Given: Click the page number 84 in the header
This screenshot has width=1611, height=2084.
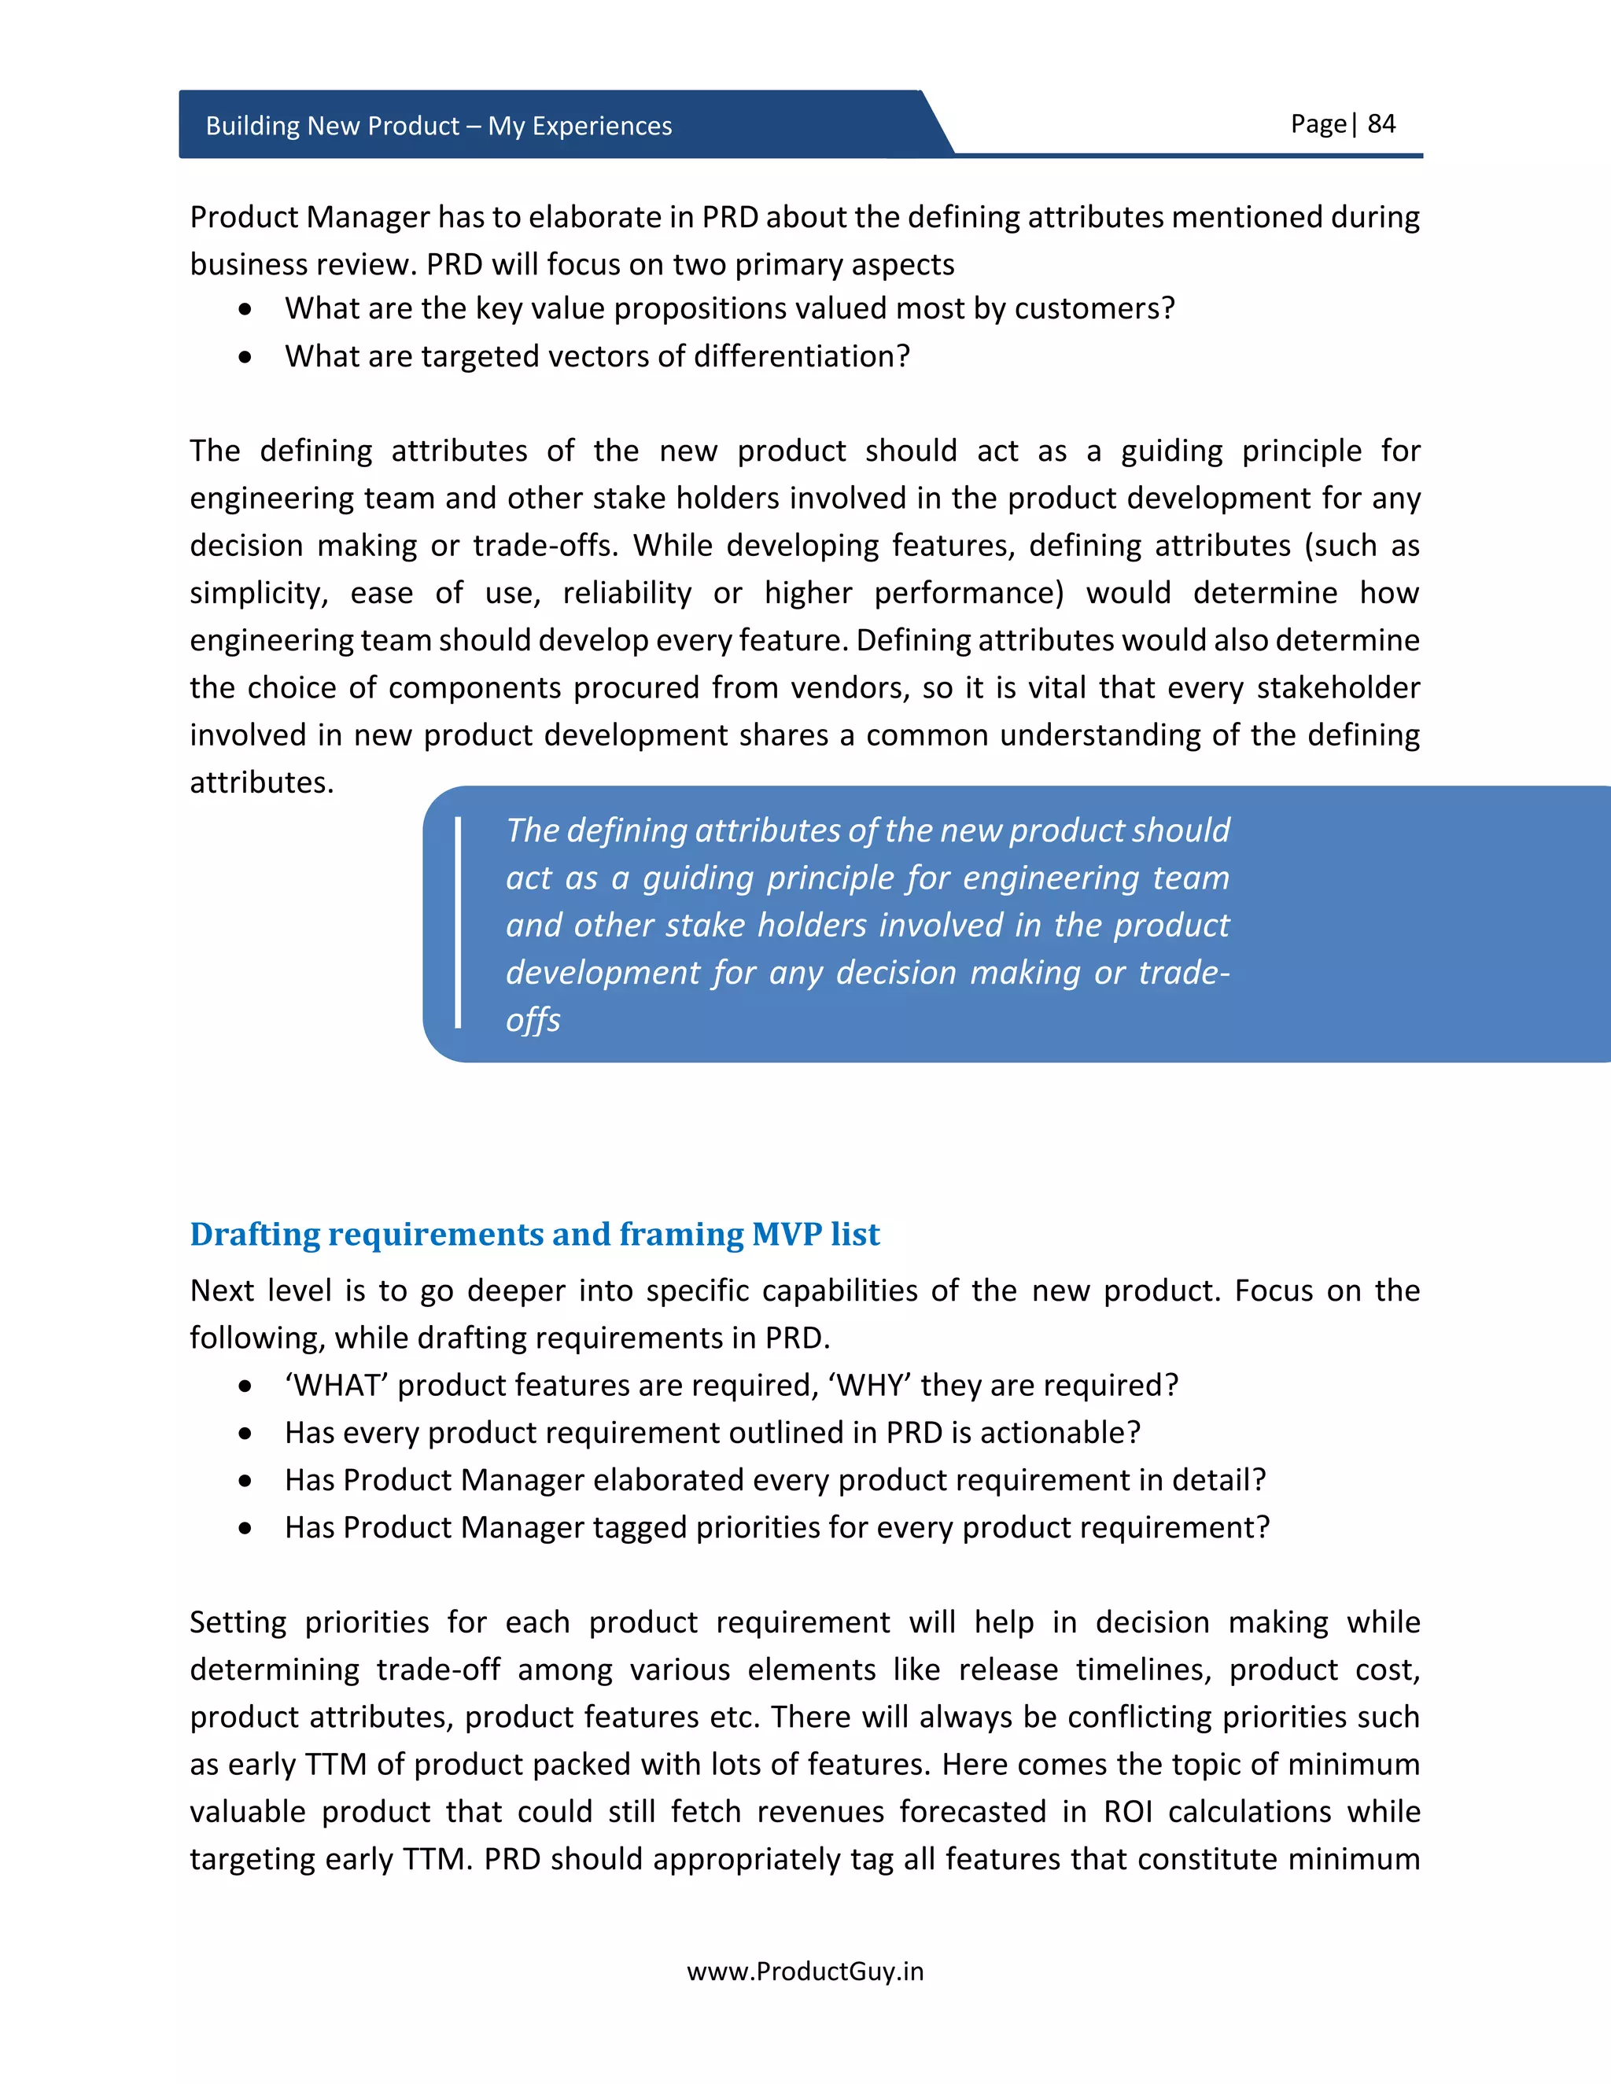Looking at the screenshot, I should pyautogui.click(x=1381, y=124).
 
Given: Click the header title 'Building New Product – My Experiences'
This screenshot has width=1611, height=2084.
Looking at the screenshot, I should pyautogui.click(x=438, y=126).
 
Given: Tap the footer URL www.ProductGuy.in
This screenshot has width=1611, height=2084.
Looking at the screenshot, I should pyautogui.click(x=805, y=1972).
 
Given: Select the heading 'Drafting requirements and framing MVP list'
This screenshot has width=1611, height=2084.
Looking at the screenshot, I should pyautogui.click(x=534, y=1234).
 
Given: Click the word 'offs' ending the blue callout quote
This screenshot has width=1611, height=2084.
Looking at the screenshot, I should pyautogui.click(x=533, y=1020).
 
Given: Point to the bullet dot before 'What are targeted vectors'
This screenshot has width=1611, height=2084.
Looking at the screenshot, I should pyautogui.click(x=246, y=357).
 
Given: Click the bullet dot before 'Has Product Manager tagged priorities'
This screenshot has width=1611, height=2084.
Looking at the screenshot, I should pyautogui.click(x=246, y=1528).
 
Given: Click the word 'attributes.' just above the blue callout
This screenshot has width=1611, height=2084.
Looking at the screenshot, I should pyautogui.click(x=261, y=782).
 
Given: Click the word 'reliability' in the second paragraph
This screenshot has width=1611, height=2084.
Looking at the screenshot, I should pyautogui.click(x=626, y=593).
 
